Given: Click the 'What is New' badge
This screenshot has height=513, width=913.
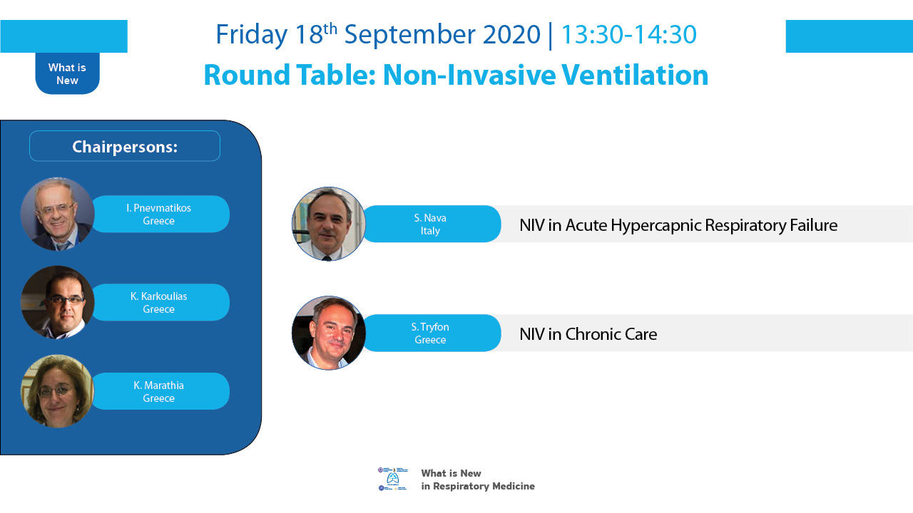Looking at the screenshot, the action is (x=67, y=73).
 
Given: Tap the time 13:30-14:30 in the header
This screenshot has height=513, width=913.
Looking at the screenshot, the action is (x=629, y=35).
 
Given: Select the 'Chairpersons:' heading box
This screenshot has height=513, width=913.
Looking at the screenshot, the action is (x=125, y=146).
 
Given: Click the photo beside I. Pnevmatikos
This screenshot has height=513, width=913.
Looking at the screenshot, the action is (x=58, y=214).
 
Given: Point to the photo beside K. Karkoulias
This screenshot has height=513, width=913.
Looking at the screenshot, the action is (x=58, y=302).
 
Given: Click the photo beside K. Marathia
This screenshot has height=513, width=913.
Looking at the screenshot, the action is (x=58, y=391).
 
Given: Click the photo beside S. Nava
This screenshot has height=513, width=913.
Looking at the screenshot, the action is (x=329, y=224).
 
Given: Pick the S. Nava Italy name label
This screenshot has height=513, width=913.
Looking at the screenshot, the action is (x=432, y=224).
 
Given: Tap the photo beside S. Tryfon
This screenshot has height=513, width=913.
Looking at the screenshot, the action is (x=329, y=333).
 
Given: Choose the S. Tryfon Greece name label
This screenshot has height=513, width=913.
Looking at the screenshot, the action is (x=432, y=333).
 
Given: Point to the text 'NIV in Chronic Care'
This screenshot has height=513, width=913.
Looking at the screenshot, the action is (x=588, y=334).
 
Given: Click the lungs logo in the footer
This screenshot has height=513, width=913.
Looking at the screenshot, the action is (x=392, y=479).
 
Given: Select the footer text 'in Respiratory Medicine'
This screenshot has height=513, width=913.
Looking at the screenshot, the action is (x=478, y=486).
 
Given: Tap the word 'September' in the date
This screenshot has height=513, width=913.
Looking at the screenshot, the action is (x=409, y=35).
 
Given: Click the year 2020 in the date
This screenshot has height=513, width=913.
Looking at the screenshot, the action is (x=511, y=35).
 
